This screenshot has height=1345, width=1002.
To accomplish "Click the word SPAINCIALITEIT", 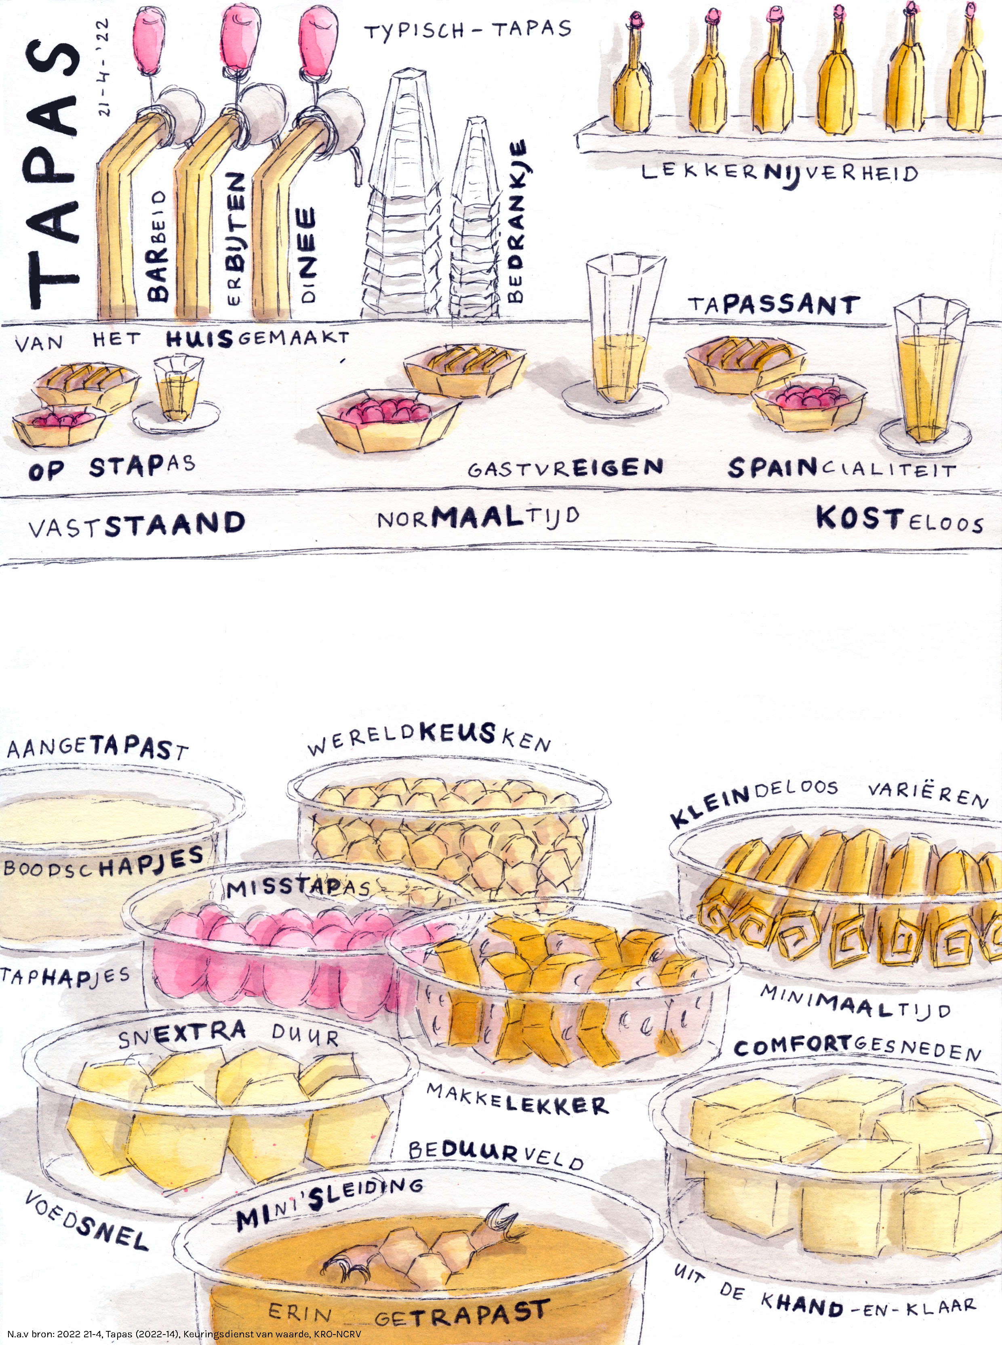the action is point(842,468).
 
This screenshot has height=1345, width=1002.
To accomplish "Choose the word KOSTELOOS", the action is point(899,520).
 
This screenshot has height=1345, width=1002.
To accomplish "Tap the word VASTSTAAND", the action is point(137,525).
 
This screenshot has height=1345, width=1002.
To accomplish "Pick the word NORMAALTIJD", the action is point(478,518).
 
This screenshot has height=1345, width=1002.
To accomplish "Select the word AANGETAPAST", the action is point(97,748).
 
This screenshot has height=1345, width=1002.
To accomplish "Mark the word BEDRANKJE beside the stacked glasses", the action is point(516,221).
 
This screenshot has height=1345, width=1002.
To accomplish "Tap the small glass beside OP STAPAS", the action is point(177,388).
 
